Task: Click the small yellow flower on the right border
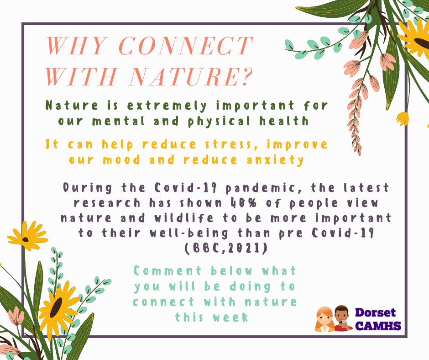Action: coord(403,118)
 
